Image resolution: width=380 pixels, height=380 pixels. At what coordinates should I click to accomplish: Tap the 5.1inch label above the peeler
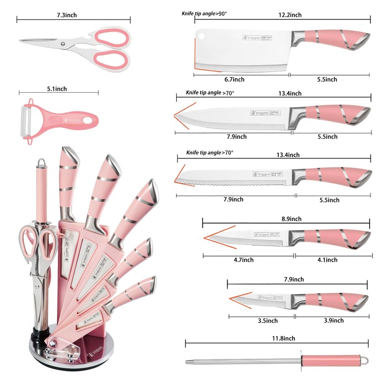57,88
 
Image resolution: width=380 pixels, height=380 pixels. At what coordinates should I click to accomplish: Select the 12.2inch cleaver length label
290,15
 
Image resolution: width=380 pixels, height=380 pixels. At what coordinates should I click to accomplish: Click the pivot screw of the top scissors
63,44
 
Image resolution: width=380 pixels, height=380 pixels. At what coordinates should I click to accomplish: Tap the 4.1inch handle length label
325,260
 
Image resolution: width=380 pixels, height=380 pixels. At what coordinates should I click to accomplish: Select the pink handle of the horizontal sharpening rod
328,360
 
